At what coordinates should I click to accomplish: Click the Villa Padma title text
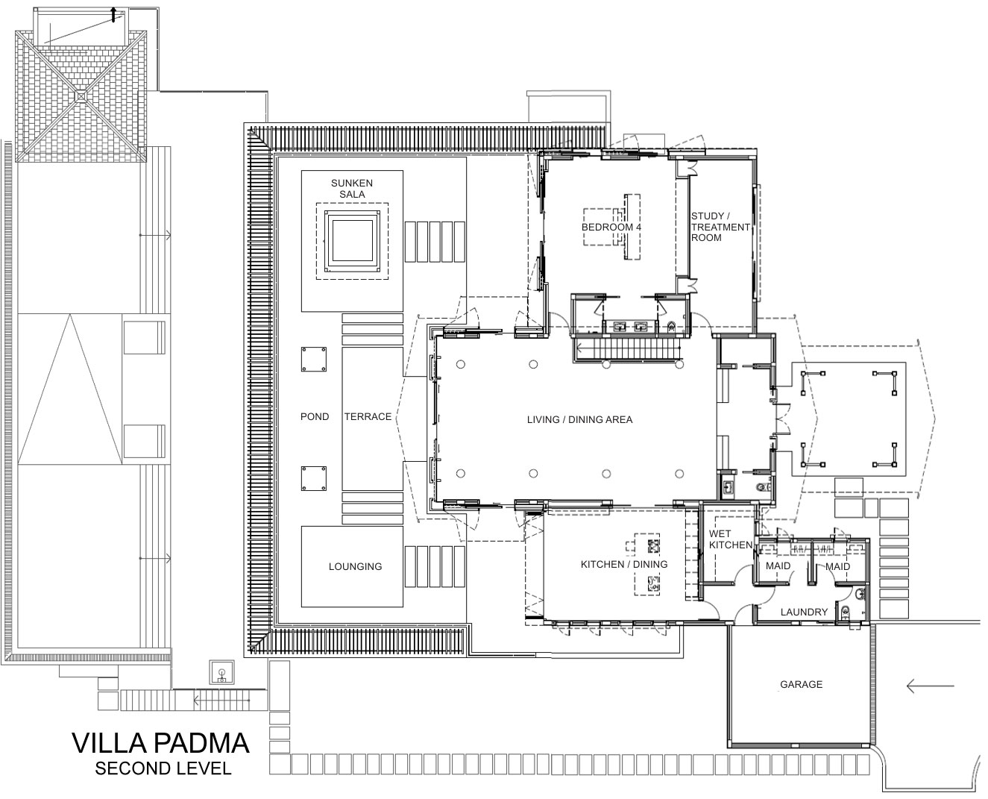coord(160,743)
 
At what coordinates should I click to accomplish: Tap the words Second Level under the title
coord(163,768)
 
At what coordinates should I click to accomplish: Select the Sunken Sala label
coord(352,189)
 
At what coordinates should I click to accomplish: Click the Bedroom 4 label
coord(611,228)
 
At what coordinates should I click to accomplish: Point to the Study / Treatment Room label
coord(720,227)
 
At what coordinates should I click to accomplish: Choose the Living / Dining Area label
coord(580,419)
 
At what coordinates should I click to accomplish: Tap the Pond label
coord(315,417)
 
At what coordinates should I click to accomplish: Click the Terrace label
coord(368,417)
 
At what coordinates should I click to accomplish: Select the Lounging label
coord(356,566)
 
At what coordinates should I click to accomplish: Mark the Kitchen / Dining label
coord(624,564)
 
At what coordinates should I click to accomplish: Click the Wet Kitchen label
coord(731,539)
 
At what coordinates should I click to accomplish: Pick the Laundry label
coord(804,612)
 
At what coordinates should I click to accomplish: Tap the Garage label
coord(801,684)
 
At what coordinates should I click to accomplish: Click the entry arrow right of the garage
coord(930,686)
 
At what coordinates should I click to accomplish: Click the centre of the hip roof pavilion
coord(81,95)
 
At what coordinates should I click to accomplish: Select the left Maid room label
coord(778,566)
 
